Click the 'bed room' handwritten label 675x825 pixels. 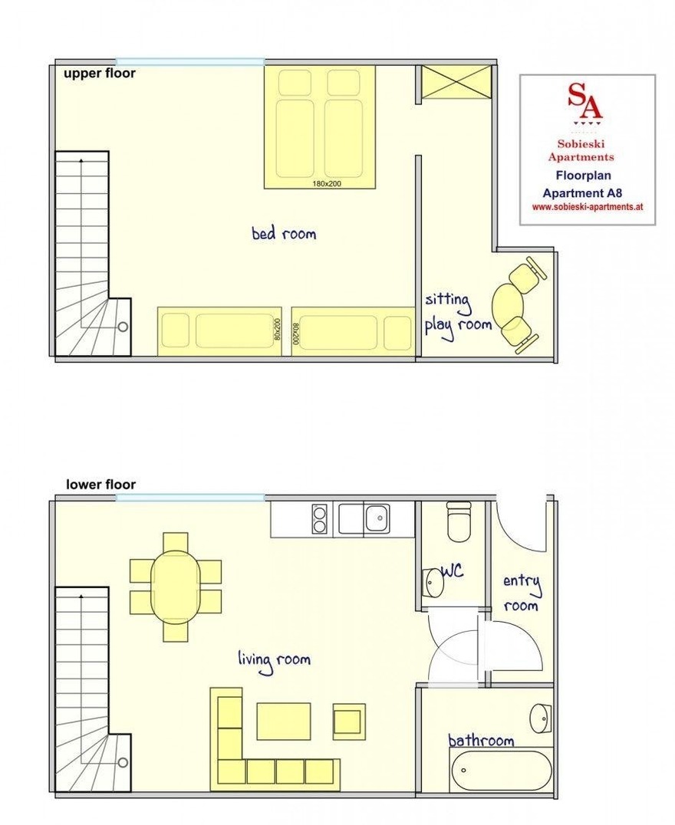284,233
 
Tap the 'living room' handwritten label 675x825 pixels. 274,660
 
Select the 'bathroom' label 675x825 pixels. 481,741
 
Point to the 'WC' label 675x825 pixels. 453,571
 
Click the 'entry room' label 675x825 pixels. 522,593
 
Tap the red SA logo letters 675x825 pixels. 585,100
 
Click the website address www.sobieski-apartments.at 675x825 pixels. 588,207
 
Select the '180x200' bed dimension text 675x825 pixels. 327,183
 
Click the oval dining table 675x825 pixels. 176,587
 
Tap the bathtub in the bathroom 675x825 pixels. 501,771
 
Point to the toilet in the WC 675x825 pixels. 459,521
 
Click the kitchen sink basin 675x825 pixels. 377,518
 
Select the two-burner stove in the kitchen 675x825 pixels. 320,519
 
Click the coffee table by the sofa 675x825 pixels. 284,721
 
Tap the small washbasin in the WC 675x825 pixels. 434,583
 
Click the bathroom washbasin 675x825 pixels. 541,718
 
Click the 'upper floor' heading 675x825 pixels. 100,73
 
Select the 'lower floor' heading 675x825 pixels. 100,485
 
